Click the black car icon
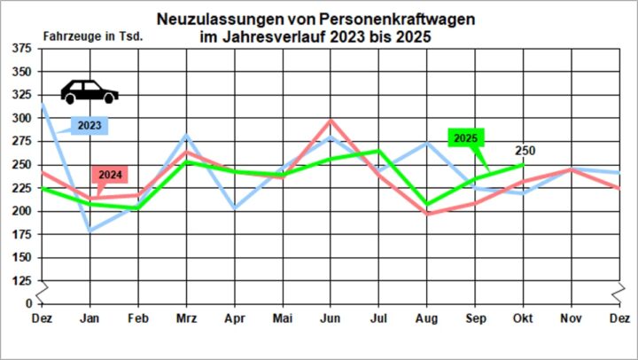(x=89, y=91)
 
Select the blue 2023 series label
(x=89, y=126)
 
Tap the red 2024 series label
(x=110, y=173)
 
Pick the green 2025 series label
(x=465, y=138)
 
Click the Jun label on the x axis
(x=331, y=317)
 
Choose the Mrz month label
(x=185, y=317)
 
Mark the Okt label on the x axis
(x=523, y=317)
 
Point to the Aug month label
(x=427, y=317)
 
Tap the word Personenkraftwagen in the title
(x=387, y=19)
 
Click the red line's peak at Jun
(x=331, y=121)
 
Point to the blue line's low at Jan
(x=89, y=231)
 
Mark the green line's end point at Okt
(x=523, y=164)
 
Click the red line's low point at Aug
(x=427, y=214)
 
